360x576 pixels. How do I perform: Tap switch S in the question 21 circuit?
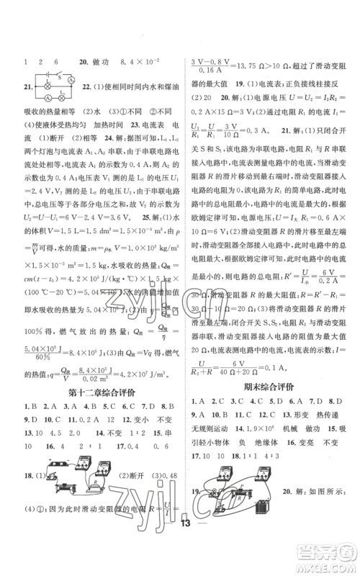click(x=63, y=75)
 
